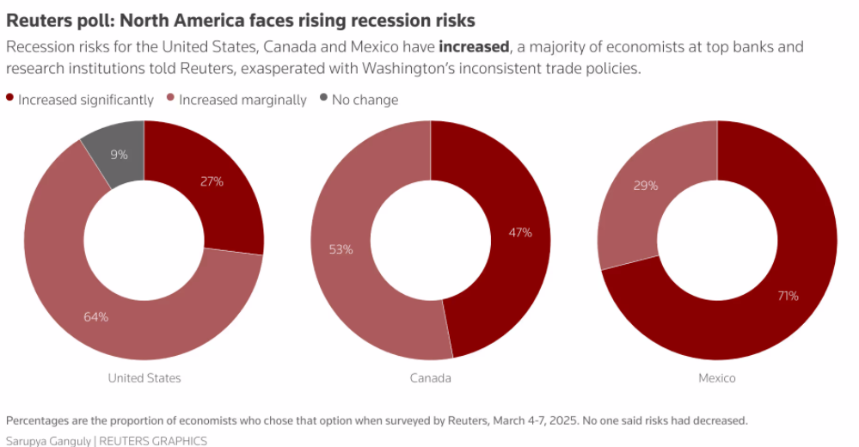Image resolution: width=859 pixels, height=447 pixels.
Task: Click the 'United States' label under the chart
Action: (x=144, y=378)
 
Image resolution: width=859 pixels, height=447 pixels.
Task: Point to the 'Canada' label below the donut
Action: (x=431, y=378)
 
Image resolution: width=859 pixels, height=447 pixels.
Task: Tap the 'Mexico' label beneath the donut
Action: (x=717, y=378)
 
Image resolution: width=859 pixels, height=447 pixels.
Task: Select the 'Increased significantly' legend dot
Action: (x=10, y=99)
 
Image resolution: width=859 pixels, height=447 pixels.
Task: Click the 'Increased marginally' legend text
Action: (x=242, y=100)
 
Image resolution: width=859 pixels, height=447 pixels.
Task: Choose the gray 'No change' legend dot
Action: (x=323, y=99)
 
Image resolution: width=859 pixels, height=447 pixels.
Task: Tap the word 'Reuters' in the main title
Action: (x=36, y=20)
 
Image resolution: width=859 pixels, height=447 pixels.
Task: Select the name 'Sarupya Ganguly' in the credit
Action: (x=48, y=440)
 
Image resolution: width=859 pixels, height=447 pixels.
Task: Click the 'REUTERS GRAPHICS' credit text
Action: (x=153, y=440)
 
